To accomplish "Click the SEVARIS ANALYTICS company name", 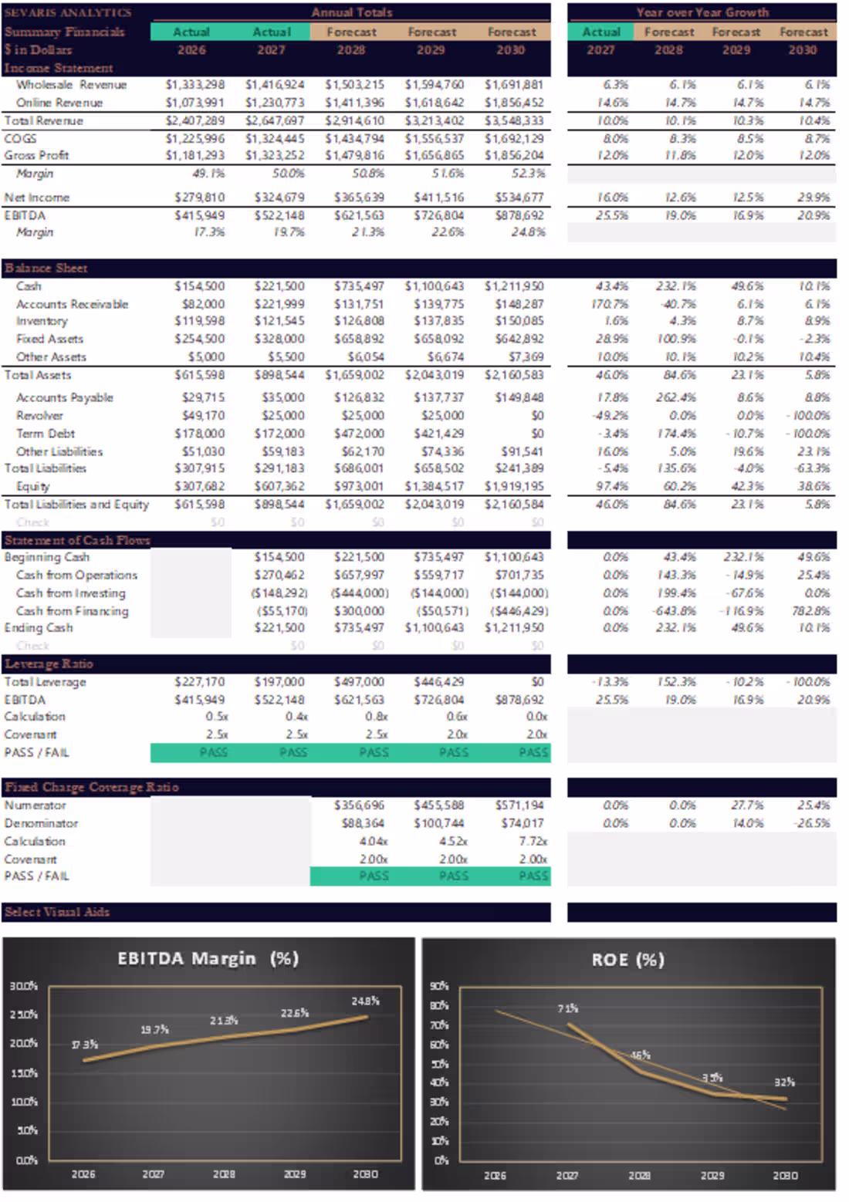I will (x=68, y=12).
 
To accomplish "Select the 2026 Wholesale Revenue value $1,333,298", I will (x=195, y=85).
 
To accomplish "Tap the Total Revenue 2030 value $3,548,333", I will (x=514, y=121).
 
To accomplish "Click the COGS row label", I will (x=20, y=139).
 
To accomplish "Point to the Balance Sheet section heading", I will (x=46, y=268).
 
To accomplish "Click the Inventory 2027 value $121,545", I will (x=279, y=321).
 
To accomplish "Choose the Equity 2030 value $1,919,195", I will (x=514, y=486).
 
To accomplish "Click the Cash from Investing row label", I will (x=70, y=593).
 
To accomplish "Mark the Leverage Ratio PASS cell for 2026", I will (x=213, y=752).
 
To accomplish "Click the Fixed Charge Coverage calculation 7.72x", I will (x=533, y=841).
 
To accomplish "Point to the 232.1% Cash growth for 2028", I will (x=676, y=286).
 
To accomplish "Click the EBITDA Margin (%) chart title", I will (x=208, y=958).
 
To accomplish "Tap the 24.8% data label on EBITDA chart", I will (x=365, y=1001).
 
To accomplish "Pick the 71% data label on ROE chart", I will (x=568, y=1008).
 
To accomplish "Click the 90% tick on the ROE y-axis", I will (x=439, y=986).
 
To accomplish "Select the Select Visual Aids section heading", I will (x=57, y=912).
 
